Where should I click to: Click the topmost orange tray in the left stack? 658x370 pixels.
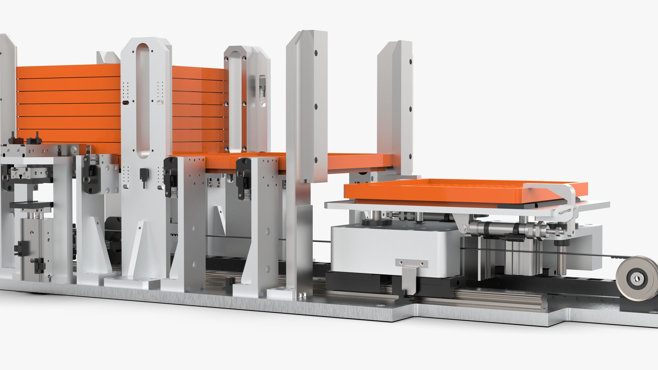pyautogui.click(x=69, y=71)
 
